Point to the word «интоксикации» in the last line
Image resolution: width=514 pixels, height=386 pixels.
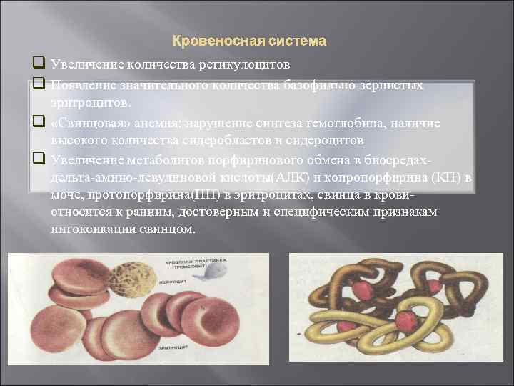point(93,230)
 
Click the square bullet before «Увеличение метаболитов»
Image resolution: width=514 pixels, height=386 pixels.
point(36,158)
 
